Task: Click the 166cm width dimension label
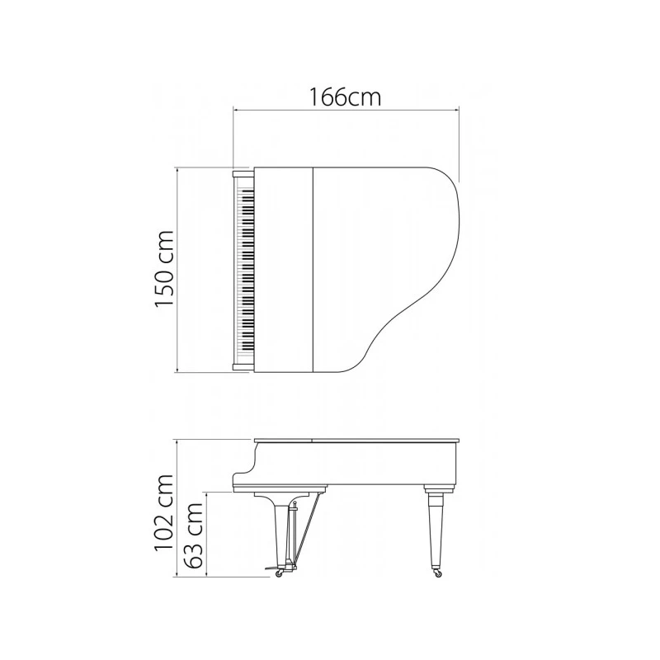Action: (346, 97)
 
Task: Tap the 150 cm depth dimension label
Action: (165, 269)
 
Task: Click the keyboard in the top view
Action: (245, 269)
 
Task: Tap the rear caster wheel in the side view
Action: (437, 572)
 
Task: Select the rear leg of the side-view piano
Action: (436, 528)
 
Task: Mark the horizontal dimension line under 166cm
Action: (346, 108)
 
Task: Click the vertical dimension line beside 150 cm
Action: (180, 269)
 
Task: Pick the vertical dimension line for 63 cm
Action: (210, 535)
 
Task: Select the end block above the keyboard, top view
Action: (243, 174)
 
